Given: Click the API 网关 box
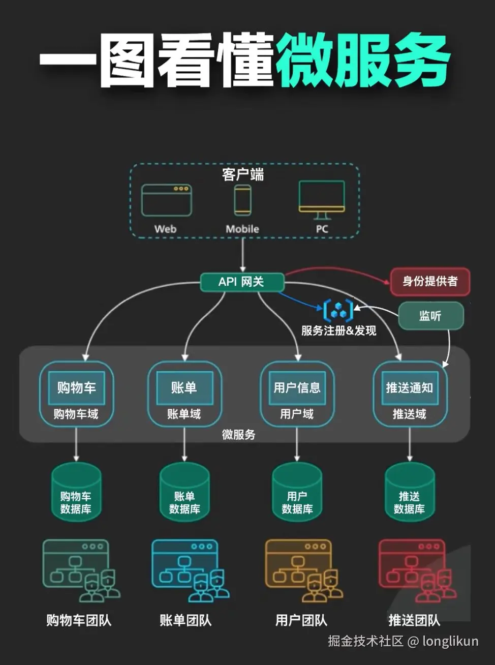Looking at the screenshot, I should tap(242, 282).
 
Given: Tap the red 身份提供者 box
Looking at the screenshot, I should tap(430, 282).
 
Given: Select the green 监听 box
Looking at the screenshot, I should tap(430, 316).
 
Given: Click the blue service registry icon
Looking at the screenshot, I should tap(338, 310).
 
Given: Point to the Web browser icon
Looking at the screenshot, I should tap(166, 201).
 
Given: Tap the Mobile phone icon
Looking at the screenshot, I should tap(242, 200).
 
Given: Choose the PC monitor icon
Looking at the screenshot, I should tap(322, 199).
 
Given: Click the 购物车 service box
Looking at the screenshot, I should tap(76, 388).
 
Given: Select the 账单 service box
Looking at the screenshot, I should tap(184, 388).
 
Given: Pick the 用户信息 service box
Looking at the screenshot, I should tap(297, 388).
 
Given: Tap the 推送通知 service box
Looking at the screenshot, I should tap(410, 388).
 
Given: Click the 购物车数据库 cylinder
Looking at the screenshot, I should tap(76, 492).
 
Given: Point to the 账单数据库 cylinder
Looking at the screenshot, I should tap(184, 492).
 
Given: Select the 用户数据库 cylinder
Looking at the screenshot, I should tap(297, 492).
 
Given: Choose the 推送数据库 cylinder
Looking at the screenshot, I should tap(410, 492).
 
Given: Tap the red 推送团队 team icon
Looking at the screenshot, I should tap(417, 569).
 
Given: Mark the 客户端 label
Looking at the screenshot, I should tap(243, 175).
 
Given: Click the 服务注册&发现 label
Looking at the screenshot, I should tap(338, 331).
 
